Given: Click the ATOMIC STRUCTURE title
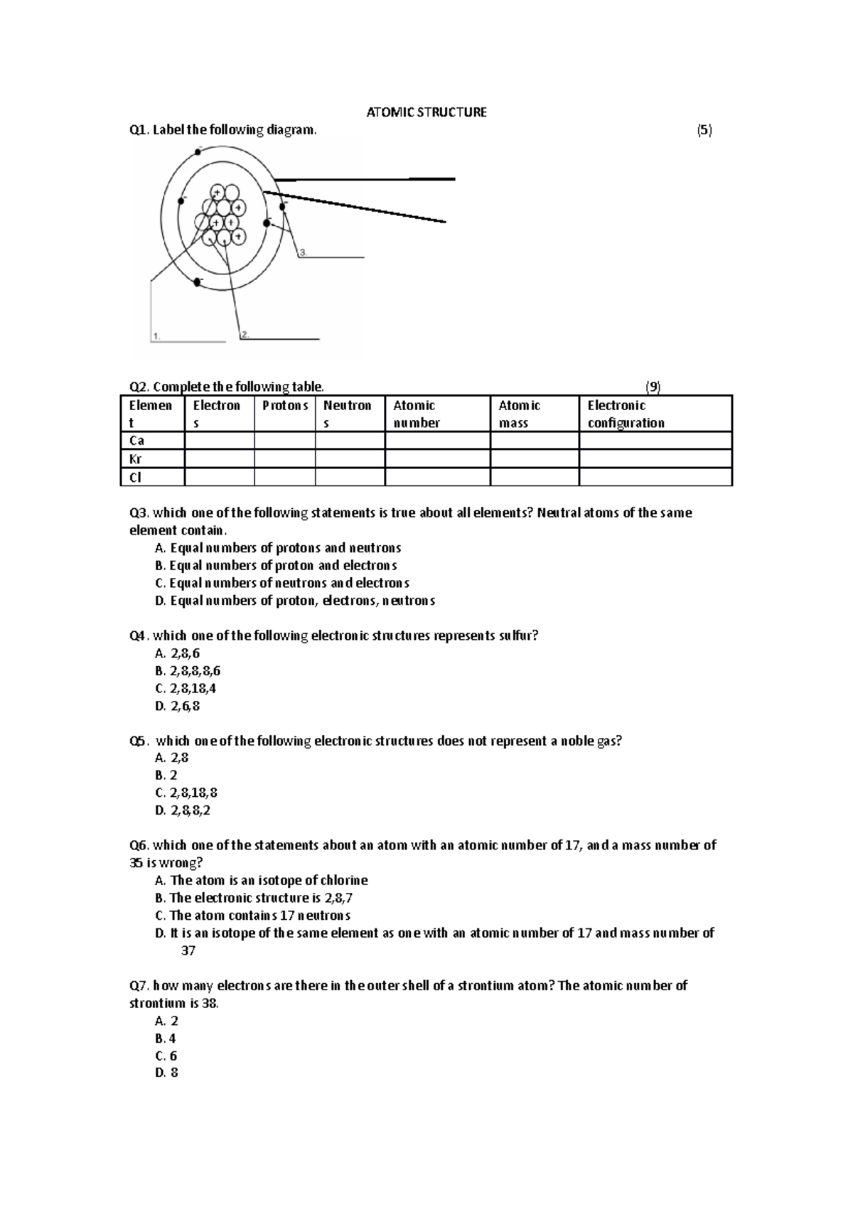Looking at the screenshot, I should (x=426, y=112).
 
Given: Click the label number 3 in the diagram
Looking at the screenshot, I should (x=303, y=252).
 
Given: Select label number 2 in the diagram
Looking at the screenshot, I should (x=245, y=334).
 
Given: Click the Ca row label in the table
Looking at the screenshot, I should (x=136, y=441).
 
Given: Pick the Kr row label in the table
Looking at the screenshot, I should (x=136, y=459).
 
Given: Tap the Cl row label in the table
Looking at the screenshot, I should (x=135, y=478).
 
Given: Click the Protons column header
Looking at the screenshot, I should (x=284, y=406).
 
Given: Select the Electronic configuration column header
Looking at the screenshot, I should (x=626, y=414).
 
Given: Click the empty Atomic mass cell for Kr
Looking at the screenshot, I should (x=534, y=459).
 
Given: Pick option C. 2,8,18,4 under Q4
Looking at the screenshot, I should (x=185, y=688).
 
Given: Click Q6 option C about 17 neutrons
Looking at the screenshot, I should (x=252, y=916).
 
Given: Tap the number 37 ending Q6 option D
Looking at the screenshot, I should (x=188, y=950).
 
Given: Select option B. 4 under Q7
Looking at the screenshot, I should (x=165, y=1039).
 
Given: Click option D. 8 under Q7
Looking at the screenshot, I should (x=166, y=1073).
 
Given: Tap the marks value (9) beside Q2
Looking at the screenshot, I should (x=653, y=387).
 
